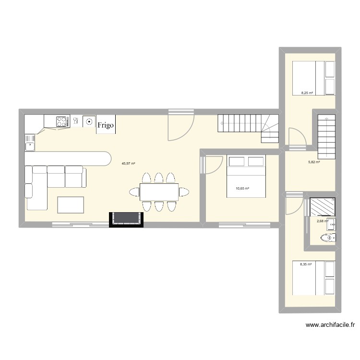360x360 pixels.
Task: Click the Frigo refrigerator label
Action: pos(106,125)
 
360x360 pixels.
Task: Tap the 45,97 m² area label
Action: pos(128,163)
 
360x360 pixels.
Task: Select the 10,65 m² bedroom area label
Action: pos(242,189)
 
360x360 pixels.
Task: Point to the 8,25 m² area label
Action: pos(307,93)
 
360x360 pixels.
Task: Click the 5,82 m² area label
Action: pos(314,162)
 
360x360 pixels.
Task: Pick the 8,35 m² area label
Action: pos(306,264)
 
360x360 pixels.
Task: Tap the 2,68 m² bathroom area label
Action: pos(322,221)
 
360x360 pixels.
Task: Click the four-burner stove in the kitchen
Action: pos(61,122)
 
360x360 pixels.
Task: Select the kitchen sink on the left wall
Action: pos(30,141)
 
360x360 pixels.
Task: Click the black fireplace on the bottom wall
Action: pos(127,219)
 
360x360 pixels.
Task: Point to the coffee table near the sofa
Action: pos(71,205)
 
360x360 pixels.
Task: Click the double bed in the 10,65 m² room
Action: pos(246,176)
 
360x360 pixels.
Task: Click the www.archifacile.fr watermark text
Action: pos(330,325)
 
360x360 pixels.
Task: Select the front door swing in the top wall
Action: pos(181,125)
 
